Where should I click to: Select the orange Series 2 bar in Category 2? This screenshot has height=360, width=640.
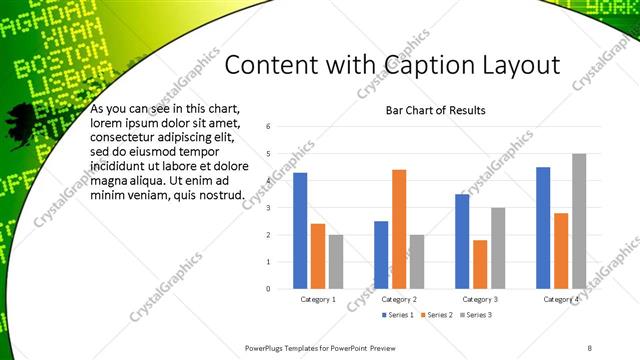pyautogui.click(x=399, y=228)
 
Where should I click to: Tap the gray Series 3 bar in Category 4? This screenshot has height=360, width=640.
pyautogui.click(x=579, y=221)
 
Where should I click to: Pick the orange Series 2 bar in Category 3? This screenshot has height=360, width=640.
pyautogui.click(x=480, y=264)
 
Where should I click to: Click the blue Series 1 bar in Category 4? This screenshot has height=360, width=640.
pyautogui.click(x=543, y=227)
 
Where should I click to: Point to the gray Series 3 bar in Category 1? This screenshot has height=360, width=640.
pyautogui.click(x=335, y=261)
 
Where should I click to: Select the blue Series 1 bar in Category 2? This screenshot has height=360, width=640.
pyautogui.click(x=381, y=254)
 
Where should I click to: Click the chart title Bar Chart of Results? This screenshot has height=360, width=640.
pyautogui.click(x=436, y=110)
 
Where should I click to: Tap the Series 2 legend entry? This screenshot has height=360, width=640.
pyautogui.click(x=437, y=316)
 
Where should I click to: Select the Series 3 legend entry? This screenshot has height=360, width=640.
pyautogui.click(x=476, y=316)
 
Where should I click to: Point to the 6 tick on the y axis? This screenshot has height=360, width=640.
pyautogui.click(x=269, y=127)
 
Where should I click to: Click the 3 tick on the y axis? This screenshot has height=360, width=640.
pyautogui.click(x=269, y=208)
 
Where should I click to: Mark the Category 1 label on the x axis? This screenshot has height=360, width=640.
pyautogui.click(x=318, y=299)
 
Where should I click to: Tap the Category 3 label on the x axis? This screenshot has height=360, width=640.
pyautogui.click(x=480, y=299)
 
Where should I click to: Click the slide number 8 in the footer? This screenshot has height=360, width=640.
pyautogui.click(x=590, y=348)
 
